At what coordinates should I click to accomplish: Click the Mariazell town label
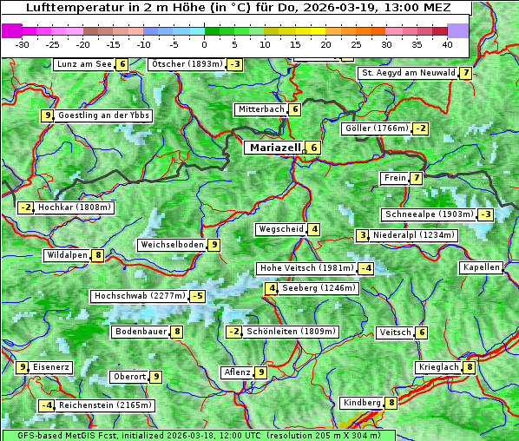point(275,148)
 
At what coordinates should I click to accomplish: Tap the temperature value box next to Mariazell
point(313,148)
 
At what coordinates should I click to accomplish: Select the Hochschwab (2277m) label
point(140,296)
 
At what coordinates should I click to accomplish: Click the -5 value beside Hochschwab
point(198,296)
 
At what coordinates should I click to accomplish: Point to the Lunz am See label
point(84,64)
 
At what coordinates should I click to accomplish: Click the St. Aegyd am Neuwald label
point(408,73)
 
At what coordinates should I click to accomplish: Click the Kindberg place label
point(362,403)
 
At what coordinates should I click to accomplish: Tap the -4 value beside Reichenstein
point(47,405)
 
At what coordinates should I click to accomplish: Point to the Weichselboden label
point(172,245)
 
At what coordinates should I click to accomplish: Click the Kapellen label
point(481,267)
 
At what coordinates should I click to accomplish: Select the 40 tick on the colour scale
point(447,44)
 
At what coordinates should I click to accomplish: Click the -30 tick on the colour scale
point(23,44)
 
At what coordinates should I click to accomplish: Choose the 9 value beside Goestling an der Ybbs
point(47,115)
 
